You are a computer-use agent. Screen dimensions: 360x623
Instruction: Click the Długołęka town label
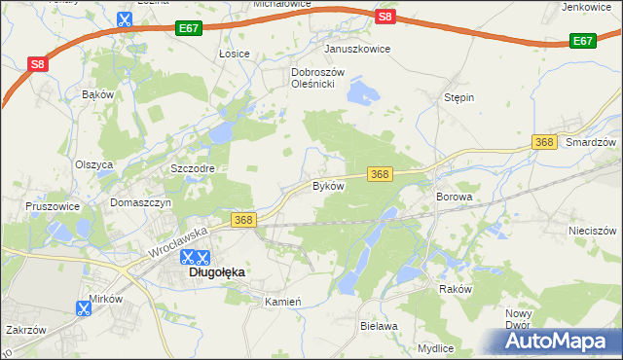point(216,273)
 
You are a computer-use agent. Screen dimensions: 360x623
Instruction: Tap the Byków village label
point(327,185)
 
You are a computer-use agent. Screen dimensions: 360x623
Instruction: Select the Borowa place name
point(454,197)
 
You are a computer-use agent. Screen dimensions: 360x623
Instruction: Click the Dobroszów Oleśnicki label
point(313,79)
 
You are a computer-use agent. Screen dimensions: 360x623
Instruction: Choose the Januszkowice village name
point(357,49)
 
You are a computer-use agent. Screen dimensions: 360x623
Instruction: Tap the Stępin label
point(458,98)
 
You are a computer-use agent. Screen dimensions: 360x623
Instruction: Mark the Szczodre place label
point(192,168)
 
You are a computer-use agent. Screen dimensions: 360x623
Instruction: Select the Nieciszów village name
point(593,231)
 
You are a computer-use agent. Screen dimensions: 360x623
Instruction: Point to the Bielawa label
point(379,326)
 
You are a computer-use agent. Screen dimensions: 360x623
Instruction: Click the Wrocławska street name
point(179,242)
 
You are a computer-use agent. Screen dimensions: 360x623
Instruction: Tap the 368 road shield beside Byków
point(380,174)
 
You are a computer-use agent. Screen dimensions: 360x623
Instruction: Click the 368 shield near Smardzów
point(545,142)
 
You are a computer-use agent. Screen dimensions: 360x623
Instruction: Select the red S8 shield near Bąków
point(37,65)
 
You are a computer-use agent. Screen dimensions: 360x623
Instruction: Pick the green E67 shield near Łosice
point(190,31)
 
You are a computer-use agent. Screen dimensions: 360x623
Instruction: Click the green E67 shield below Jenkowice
point(582,41)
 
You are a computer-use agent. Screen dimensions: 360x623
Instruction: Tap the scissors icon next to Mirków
point(82,309)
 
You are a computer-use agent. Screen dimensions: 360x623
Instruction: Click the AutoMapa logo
point(557,341)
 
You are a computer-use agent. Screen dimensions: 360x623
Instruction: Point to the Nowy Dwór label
point(518,319)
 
